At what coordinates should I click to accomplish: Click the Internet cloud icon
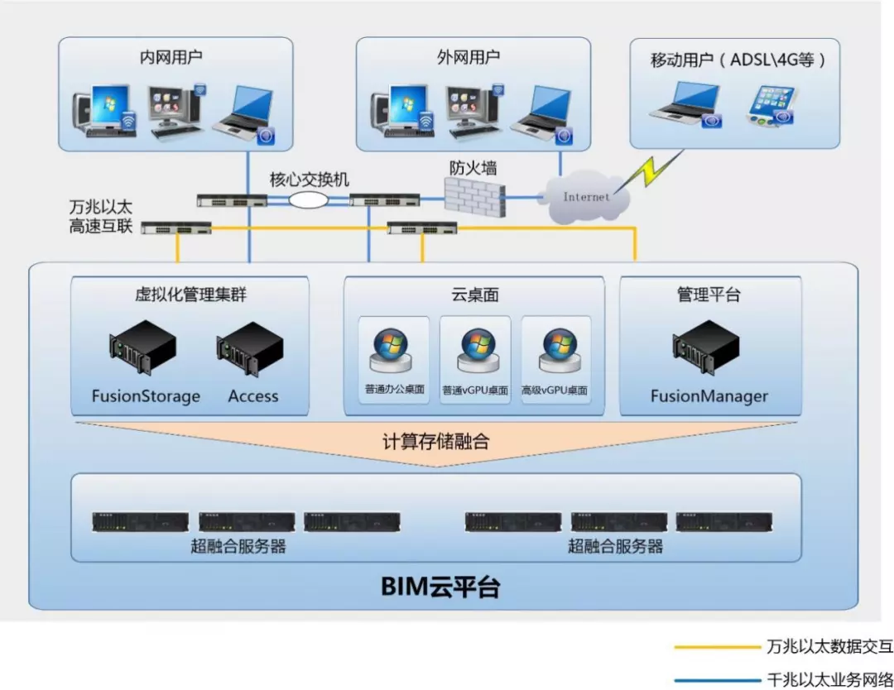(x=586, y=196)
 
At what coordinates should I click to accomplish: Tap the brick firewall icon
(x=474, y=197)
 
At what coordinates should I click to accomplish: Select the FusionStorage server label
(x=146, y=396)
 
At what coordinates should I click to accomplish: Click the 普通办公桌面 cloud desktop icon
(x=394, y=351)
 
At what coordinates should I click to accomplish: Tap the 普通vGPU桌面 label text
(x=475, y=391)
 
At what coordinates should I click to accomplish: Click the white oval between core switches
(x=308, y=199)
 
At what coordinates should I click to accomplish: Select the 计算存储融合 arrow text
(x=435, y=441)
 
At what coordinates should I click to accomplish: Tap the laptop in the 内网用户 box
(x=242, y=112)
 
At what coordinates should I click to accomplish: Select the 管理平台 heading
(x=709, y=295)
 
